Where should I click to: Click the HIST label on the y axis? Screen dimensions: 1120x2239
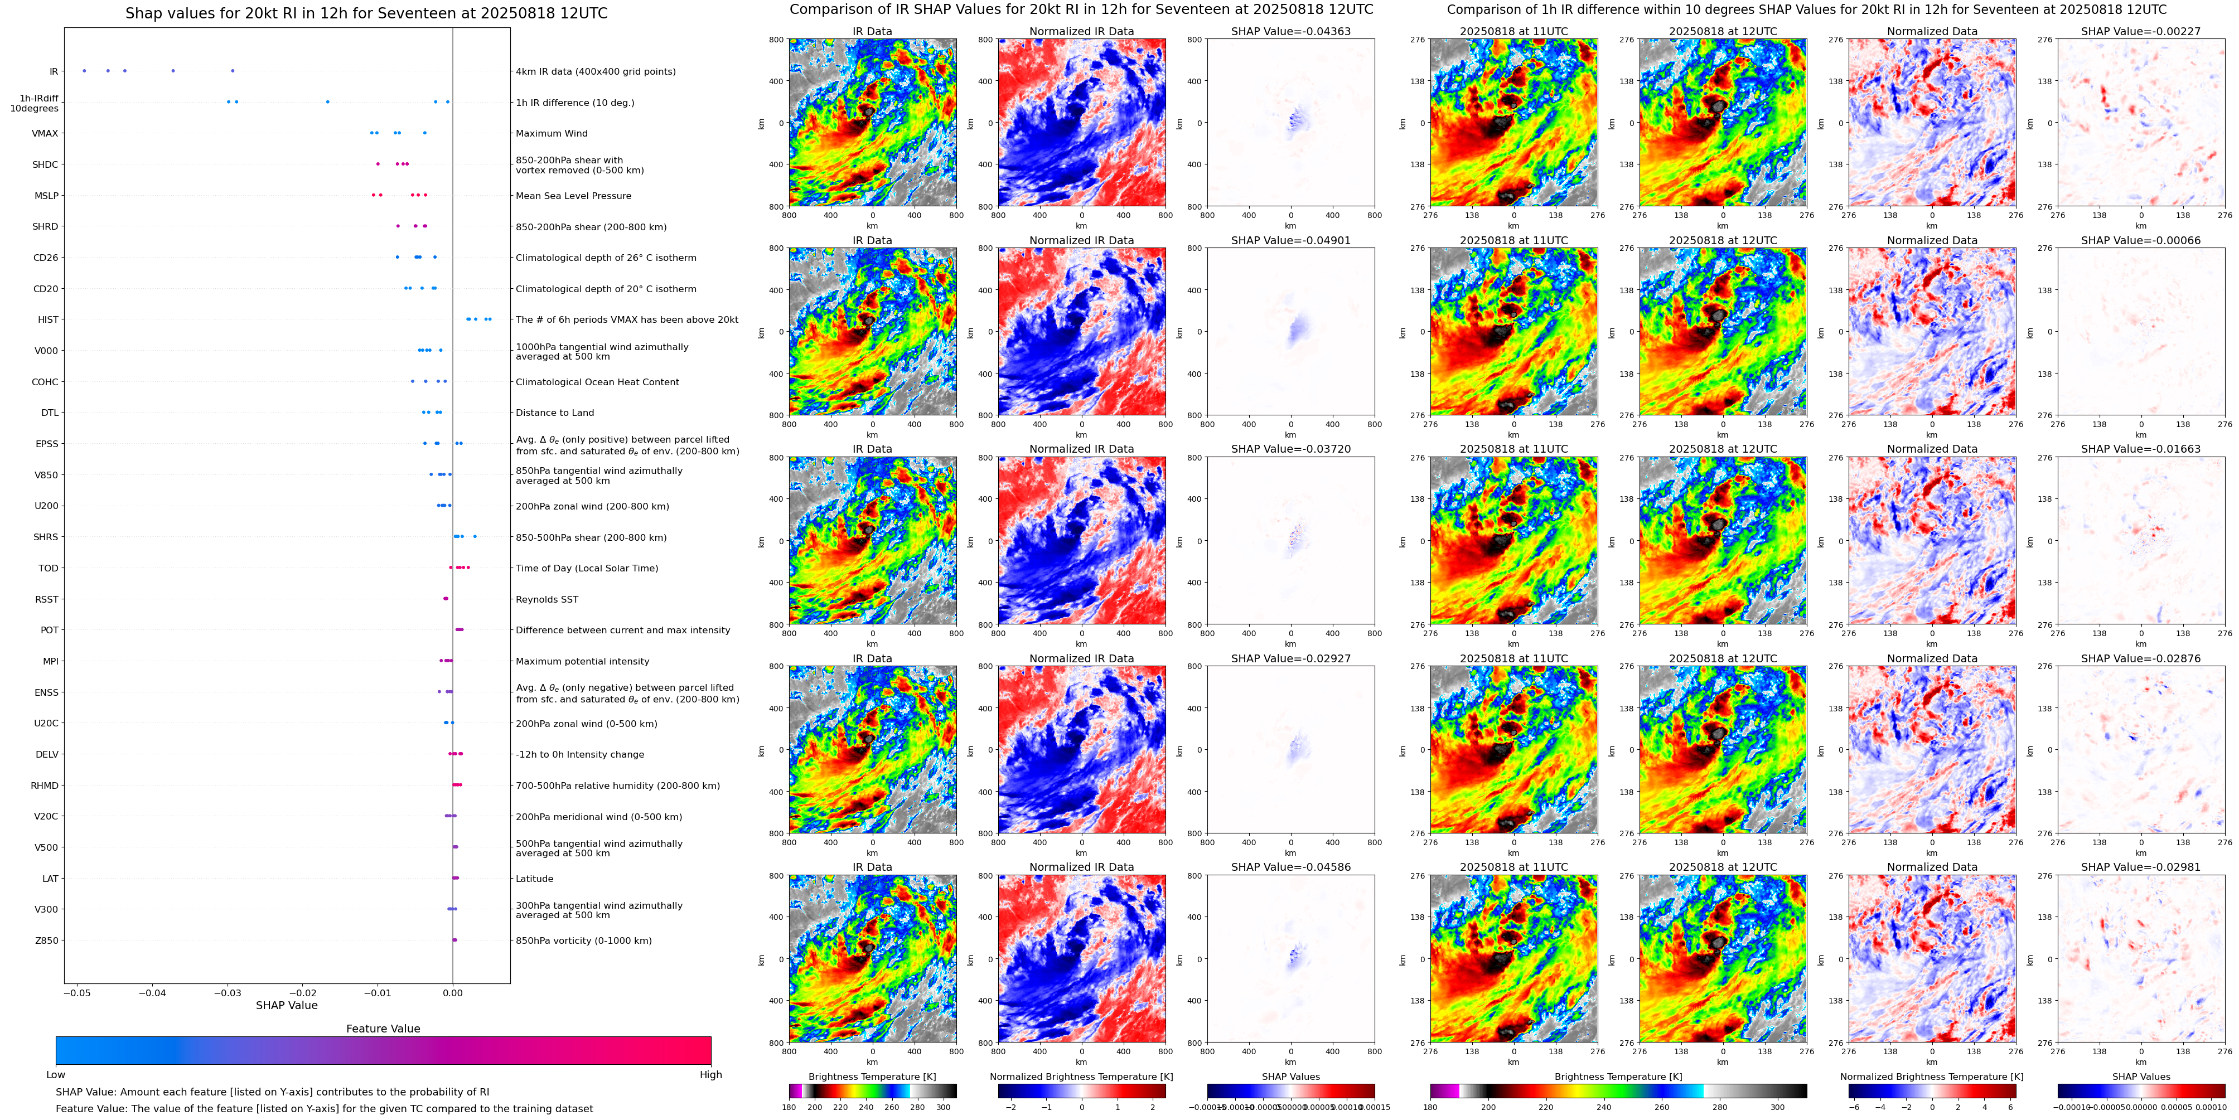pyautogui.click(x=48, y=320)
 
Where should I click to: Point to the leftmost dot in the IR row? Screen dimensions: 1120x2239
pyautogui.click(x=84, y=70)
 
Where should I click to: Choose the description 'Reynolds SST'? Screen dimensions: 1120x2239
pyautogui.click(x=546, y=599)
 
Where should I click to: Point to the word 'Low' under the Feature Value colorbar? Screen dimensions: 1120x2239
pyautogui.click(x=56, y=1075)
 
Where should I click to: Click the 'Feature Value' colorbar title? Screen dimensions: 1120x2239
pyautogui.click(x=383, y=1029)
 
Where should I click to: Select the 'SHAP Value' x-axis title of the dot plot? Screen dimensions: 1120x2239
pyautogui.click(x=287, y=1005)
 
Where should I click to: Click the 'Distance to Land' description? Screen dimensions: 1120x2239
pyautogui.click(x=554, y=413)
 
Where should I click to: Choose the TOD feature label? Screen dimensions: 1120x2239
pyautogui.click(x=49, y=568)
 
